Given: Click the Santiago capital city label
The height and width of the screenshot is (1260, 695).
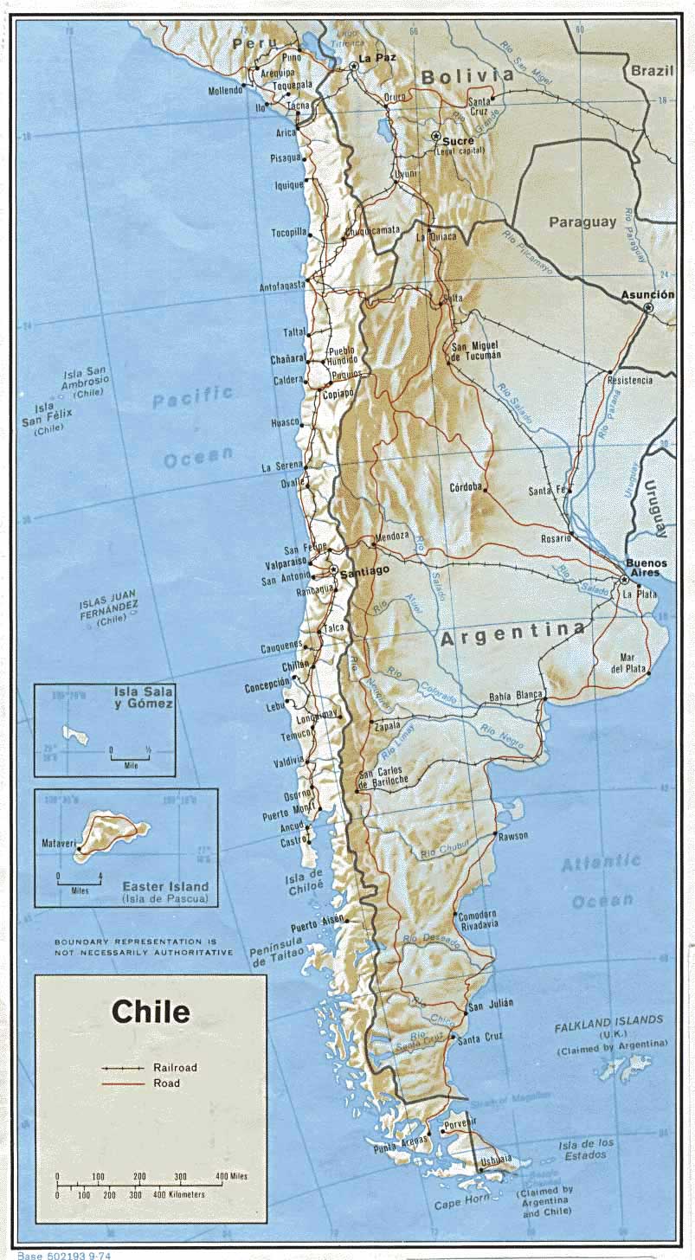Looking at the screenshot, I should click(x=365, y=571).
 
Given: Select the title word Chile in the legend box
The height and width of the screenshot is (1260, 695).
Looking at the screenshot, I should click(x=151, y=1012).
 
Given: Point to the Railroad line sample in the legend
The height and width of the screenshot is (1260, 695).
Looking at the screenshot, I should click(x=122, y=1068).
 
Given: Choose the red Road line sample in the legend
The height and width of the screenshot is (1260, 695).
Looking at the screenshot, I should click(x=122, y=1083).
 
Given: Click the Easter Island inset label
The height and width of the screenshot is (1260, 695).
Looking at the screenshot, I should click(x=164, y=886).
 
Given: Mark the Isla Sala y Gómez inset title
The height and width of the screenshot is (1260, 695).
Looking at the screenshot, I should click(x=144, y=697).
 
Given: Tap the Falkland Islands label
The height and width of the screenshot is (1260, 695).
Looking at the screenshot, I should click(x=610, y=1020).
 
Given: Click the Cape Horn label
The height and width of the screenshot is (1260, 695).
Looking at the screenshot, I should click(x=460, y=1202).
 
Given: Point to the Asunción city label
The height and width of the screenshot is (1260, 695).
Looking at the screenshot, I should click(x=647, y=295).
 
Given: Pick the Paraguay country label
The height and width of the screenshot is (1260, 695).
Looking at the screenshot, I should click(x=582, y=222).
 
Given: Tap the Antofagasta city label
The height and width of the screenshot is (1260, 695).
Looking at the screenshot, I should click(x=282, y=286).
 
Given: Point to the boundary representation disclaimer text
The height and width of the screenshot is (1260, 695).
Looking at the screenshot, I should click(x=144, y=947).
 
